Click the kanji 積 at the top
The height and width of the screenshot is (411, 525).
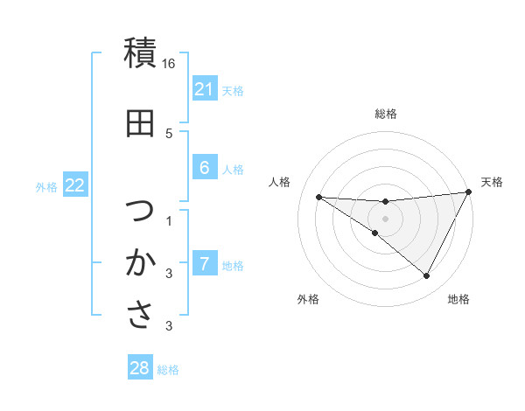tap(140, 53)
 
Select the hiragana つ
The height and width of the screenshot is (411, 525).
tap(140, 212)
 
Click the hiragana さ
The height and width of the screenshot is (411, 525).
tap(140, 315)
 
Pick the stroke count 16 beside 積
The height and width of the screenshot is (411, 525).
tap(170, 65)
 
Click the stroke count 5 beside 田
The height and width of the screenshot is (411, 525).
tap(170, 134)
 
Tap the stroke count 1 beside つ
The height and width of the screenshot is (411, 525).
tap(170, 220)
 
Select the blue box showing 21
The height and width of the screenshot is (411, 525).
tap(204, 89)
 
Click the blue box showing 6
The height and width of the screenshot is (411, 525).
tap(204, 168)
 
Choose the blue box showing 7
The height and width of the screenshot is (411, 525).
tap(204, 264)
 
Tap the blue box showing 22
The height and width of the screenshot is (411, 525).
tap(74, 185)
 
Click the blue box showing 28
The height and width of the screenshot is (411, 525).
tap(140, 368)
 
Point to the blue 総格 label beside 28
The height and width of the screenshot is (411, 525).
tap(169, 370)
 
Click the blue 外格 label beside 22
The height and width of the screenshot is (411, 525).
tap(46, 186)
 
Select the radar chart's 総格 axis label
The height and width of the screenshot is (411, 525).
tap(386, 114)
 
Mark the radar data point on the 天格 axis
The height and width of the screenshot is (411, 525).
tap(469, 192)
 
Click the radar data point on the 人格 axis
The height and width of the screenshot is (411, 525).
tap(319, 197)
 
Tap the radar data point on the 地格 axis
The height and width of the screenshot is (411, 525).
tap(427, 276)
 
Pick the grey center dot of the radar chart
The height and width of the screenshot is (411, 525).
tap(386, 219)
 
